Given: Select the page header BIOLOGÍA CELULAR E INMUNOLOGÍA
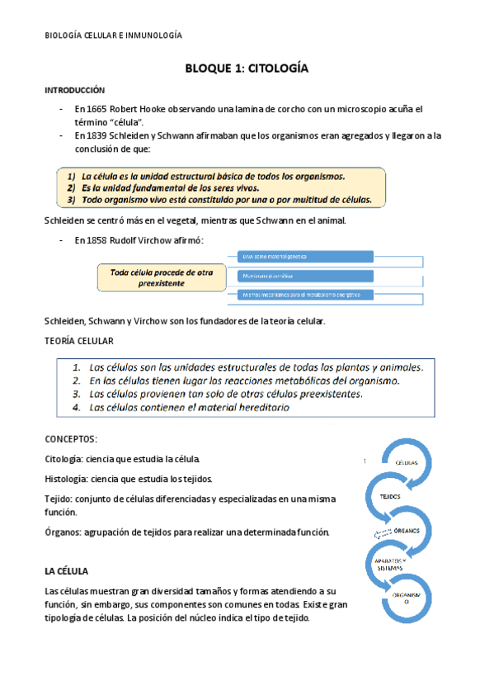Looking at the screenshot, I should (x=112, y=35).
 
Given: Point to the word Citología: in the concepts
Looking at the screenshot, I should (x=62, y=458).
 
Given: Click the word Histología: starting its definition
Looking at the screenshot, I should (x=64, y=479).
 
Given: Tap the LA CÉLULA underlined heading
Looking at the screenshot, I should (x=71, y=571).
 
